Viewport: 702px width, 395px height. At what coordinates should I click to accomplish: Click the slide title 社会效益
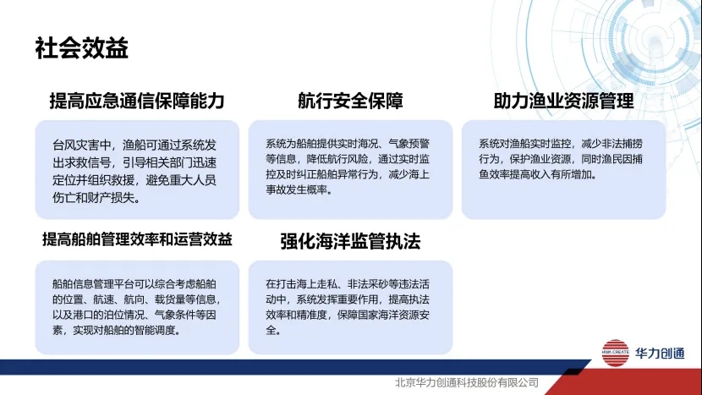point(82,48)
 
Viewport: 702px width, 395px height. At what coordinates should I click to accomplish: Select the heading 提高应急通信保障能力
point(137,101)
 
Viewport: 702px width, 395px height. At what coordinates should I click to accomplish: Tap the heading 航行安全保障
point(350,101)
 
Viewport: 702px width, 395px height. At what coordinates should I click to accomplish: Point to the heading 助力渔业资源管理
point(563,101)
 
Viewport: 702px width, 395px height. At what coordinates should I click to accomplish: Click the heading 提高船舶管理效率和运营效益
point(138,239)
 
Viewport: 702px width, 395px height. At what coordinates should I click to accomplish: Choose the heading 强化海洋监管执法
point(350,241)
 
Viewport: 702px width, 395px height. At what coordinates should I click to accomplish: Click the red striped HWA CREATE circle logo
point(616,353)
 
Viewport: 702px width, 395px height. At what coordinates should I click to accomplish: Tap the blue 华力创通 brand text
point(660,354)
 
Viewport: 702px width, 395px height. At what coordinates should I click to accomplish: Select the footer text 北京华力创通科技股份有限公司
point(467,382)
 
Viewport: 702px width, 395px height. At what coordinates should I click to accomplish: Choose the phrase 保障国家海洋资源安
point(384,315)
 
